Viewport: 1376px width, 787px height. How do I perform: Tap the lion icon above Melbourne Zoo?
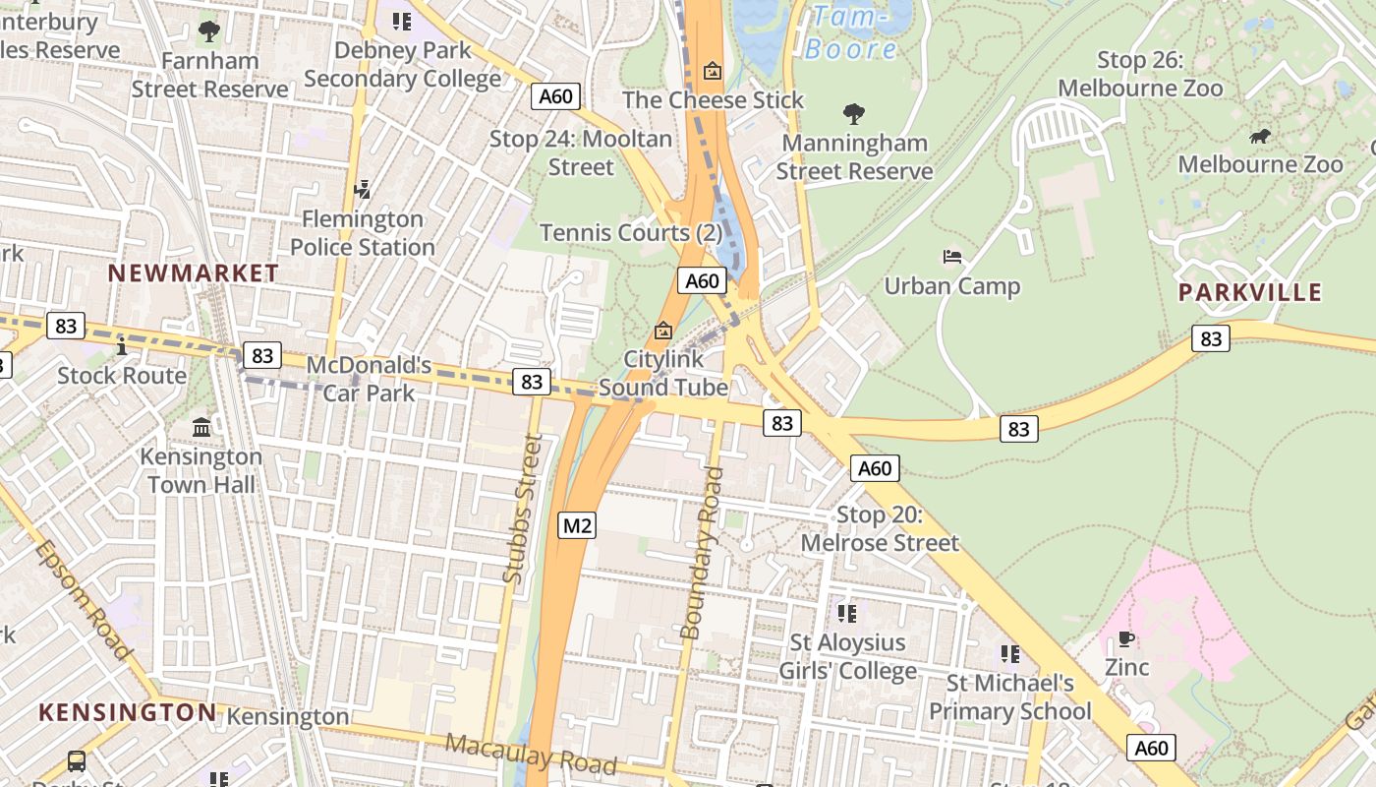pyautogui.click(x=1259, y=136)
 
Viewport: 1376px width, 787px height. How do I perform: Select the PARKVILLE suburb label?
pyautogui.click(x=1250, y=292)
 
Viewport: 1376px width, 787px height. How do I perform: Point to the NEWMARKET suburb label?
pyautogui.click(x=194, y=273)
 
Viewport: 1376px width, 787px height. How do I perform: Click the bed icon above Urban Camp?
pyautogui.click(x=952, y=257)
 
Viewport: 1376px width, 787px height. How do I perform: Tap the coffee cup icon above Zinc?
pyautogui.click(x=1126, y=639)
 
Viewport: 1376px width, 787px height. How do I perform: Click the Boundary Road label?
pyautogui.click(x=704, y=553)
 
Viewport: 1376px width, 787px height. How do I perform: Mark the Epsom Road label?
pyautogui.click(x=83, y=599)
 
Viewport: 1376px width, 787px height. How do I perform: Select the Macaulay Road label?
pyautogui.click(x=531, y=754)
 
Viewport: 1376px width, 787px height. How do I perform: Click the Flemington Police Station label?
pyautogui.click(x=363, y=233)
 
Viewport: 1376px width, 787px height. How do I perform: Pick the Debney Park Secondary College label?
pyautogui.click(x=402, y=64)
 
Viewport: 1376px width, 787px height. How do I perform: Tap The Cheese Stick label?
pyautogui.click(x=713, y=100)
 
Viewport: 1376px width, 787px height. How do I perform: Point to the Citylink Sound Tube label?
pyautogui.click(x=663, y=373)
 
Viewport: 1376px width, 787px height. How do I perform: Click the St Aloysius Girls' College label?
pyautogui.click(x=847, y=657)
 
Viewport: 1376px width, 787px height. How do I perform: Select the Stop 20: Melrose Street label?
pyautogui.click(x=880, y=529)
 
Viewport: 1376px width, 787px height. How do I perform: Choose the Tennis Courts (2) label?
pyautogui.click(x=631, y=233)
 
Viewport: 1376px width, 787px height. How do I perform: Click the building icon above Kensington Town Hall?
pyautogui.click(x=201, y=428)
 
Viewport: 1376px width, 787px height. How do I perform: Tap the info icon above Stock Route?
pyautogui.click(x=122, y=346)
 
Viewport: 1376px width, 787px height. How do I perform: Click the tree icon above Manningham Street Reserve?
pyautogui.click(x=854, y=114)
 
